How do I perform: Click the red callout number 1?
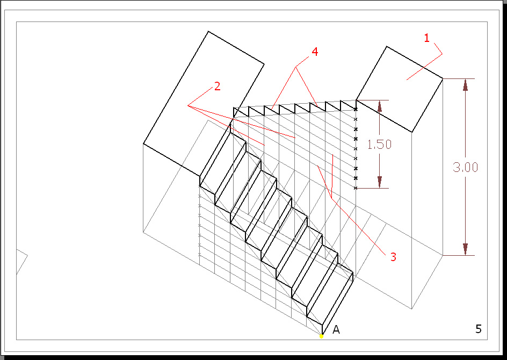427,38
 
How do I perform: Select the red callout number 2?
217,87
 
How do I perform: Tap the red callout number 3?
393,257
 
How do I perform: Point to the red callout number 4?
315,52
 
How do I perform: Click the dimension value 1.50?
379,144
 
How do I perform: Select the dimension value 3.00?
465,167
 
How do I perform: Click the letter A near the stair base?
336,329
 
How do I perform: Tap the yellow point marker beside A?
322,336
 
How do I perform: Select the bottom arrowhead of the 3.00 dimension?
465,249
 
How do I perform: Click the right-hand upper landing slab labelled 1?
400,89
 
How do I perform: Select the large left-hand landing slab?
204,102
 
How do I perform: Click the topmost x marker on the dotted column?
356,110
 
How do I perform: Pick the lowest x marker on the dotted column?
356,188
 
